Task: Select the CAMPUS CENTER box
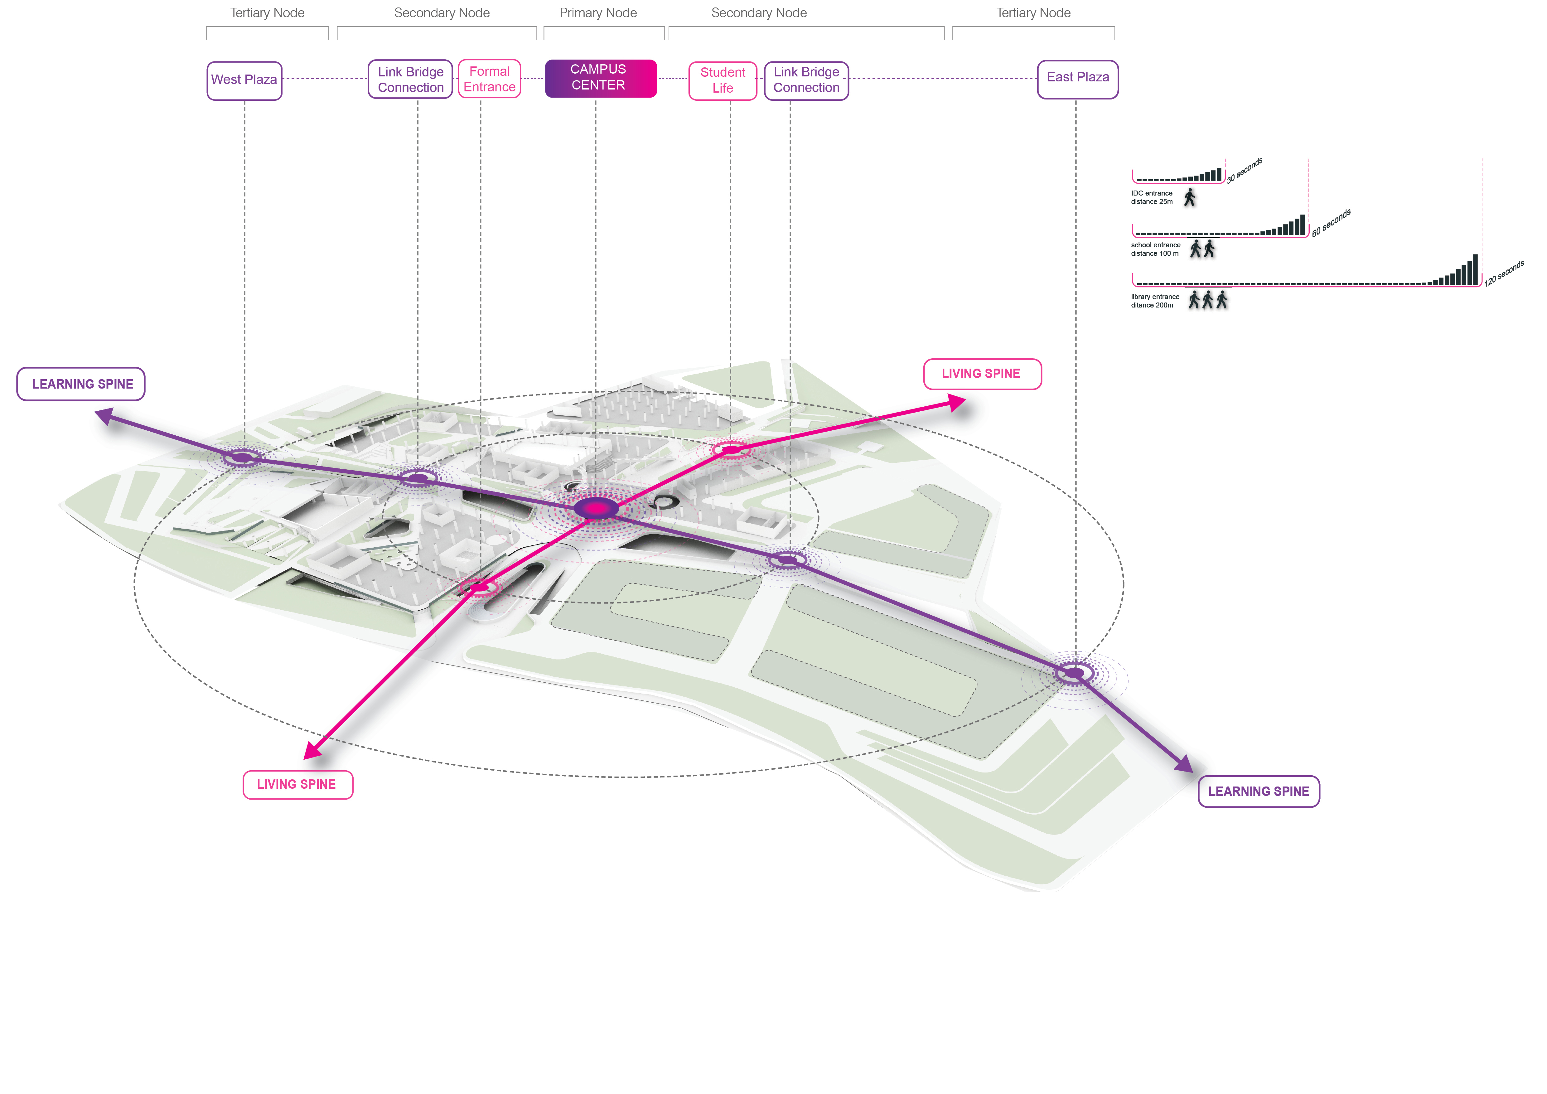coord(600,78)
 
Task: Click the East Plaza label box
coord(1077,78)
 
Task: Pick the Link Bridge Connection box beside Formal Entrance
coord(410,80)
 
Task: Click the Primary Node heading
coord(598,13)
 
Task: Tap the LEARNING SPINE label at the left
coord(81,384)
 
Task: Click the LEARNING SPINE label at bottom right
coord(1258,791)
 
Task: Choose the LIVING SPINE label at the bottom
coord(297,785)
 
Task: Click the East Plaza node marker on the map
coord(1074,673)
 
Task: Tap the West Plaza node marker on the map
coord(243,458)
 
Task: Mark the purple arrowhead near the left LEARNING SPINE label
coord(104,416)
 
